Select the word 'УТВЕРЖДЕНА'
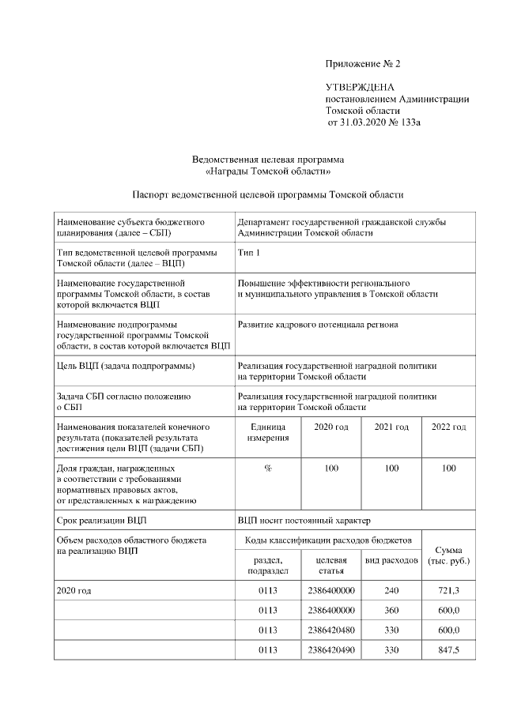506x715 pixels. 360,87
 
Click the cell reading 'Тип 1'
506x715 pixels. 248,252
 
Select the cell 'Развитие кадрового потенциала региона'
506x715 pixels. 318,324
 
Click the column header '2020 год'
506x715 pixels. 331,427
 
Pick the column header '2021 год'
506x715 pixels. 391,427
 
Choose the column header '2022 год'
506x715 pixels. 448,427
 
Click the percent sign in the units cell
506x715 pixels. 268,469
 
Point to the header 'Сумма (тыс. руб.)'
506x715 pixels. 448,555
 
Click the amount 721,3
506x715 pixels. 448,590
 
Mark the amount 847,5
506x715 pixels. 448,649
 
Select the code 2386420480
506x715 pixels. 331,630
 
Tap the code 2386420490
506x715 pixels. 331,649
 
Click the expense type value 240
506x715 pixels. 391,590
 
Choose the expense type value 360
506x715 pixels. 391,610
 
